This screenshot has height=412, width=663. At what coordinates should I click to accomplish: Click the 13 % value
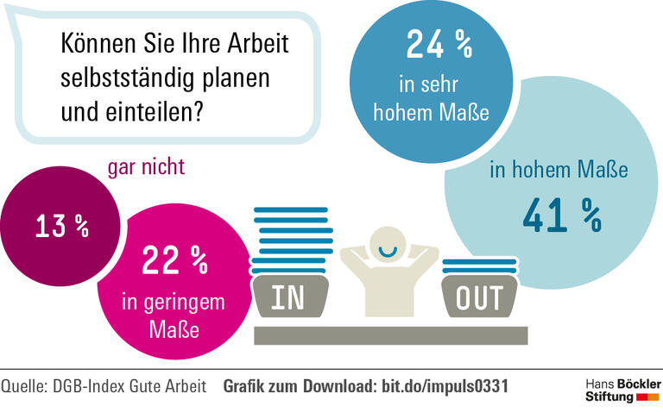point(62,226)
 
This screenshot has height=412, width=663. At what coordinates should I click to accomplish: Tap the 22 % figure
point(175,259)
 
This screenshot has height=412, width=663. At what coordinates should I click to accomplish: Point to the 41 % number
point(562,215)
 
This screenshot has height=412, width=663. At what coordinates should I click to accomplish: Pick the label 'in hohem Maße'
point(559,169)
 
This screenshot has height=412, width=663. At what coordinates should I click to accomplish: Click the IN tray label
point(288,297)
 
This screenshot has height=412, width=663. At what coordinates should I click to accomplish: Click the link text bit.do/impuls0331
point(445,386)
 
